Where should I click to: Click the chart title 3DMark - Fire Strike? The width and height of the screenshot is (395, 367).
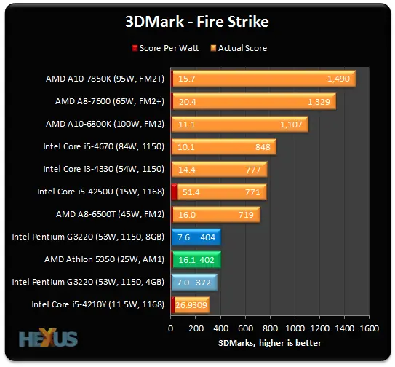point(196,22)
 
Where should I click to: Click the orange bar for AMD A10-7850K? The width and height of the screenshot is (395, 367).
point(263,79)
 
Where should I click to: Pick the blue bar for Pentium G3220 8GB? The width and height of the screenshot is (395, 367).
point(195,237)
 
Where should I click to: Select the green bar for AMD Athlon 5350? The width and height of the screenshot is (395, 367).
point(195,259)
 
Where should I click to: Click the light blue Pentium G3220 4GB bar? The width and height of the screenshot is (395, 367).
point(193,282)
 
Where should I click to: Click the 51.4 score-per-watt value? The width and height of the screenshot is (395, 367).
point(191,192)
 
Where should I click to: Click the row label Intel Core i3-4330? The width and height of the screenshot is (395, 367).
point(103,170)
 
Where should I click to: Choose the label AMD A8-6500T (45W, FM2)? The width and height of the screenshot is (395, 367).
point(110,214)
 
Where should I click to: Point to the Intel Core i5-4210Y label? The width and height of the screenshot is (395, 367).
point(97,304)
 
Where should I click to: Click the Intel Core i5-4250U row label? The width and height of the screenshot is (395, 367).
point(100,192)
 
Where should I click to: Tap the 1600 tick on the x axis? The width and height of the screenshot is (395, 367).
point(369,329)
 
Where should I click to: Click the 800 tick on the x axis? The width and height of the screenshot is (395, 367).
point(270,329)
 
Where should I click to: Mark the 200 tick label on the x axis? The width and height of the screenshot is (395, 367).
point(196,329)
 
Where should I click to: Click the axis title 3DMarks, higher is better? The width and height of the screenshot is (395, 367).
point(270,342)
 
